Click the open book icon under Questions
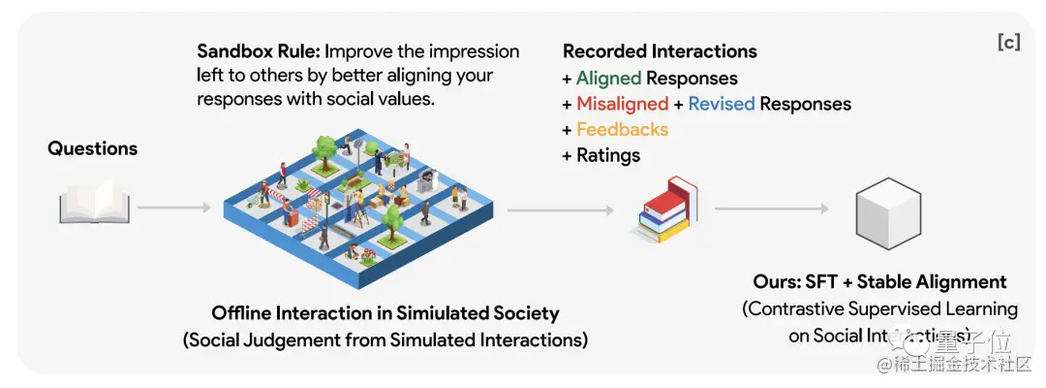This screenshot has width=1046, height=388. click(93, 206)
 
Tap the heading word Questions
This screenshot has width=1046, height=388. click(93, 148)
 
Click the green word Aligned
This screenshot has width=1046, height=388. click(608, 79)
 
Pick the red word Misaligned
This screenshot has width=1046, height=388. click(622, 104)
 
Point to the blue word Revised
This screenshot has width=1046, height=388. click(721, 104)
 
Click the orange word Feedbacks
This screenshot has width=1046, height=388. click(622, 129)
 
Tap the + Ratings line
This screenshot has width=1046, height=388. click(601, 154)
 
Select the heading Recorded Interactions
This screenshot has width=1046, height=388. click(660, 51)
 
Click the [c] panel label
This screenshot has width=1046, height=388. click(1007, 43)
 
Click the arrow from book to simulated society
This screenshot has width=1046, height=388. click(172, 207)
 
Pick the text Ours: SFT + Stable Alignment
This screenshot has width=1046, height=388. click(879, 282)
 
